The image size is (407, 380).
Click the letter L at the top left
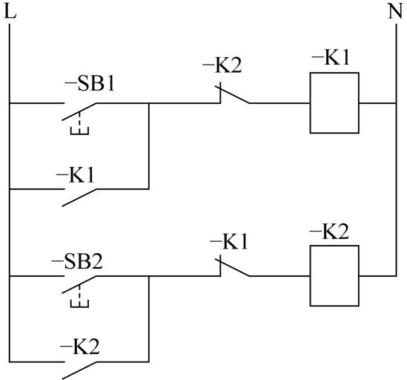(x=10, y=12)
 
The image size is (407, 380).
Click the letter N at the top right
(x=395, y=12)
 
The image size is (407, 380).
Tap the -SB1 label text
(x=90, y=84)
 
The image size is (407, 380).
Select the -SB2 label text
(x=77, y=261)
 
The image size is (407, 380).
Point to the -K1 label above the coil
(x=331, y=57)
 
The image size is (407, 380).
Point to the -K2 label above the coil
(x=329, y=232)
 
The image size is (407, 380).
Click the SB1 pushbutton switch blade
(x=79, y=112)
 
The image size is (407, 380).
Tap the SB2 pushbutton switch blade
(x=79, y=284)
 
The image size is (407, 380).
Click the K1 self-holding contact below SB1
(x=79, y=198)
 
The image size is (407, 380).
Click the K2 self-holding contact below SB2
(x=79, y=370)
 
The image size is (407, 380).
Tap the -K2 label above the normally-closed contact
(x=222, y=65)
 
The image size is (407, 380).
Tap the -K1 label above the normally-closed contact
(x=229, y=242)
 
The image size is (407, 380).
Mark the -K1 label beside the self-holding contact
(x=76, y=175)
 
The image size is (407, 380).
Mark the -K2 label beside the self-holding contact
(x=80, y=347)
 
